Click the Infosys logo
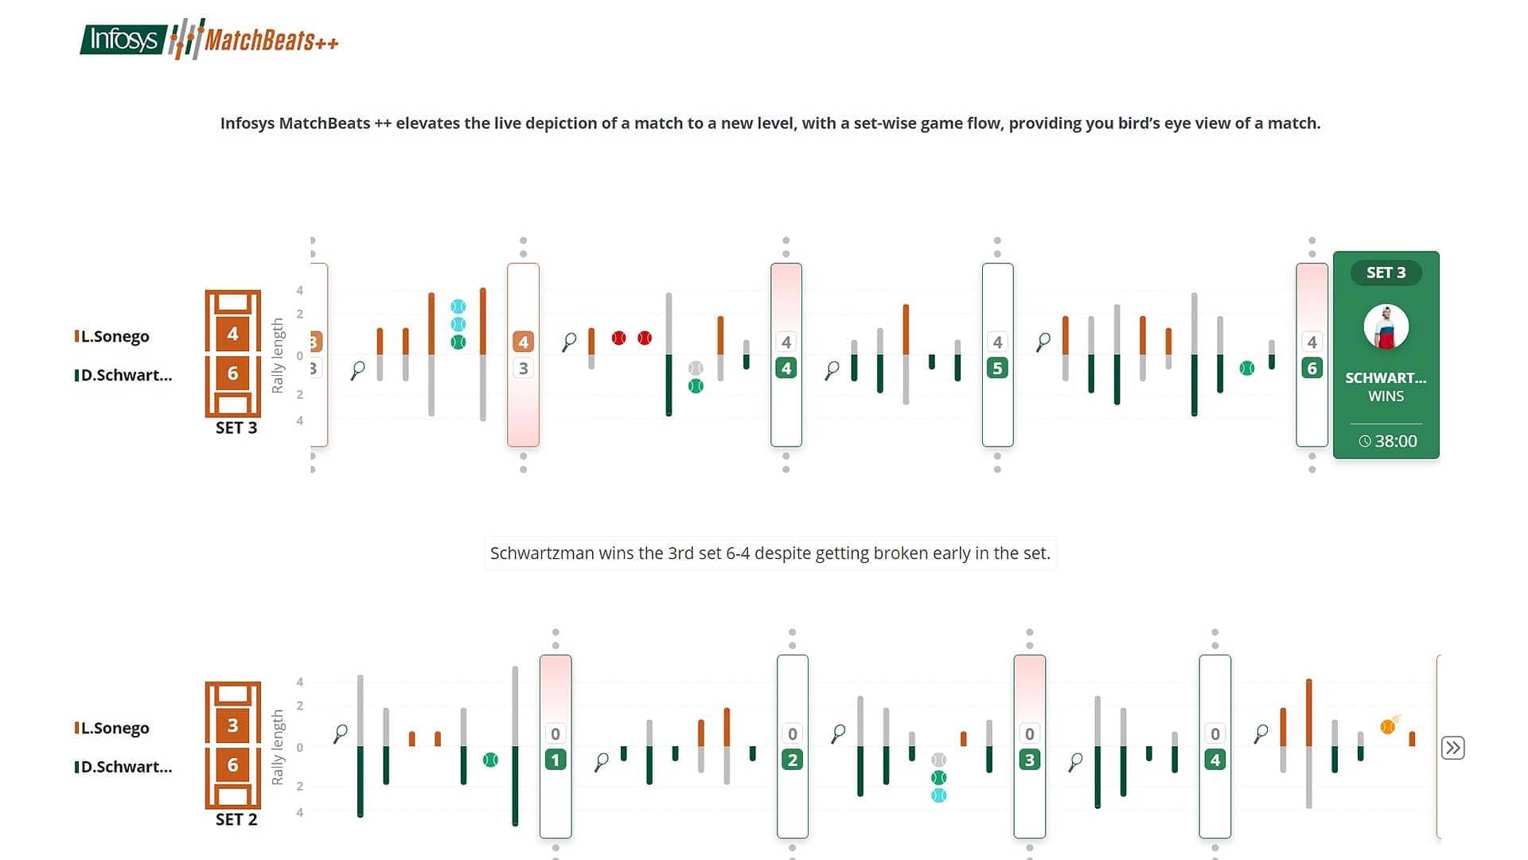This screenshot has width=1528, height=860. pos(123,39)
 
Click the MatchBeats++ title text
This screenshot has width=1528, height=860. pos(271,40)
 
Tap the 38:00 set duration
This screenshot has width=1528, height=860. pos(1388,441)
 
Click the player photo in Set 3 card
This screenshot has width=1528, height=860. pos(1386,327)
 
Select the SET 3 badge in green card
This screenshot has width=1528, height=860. pos(1386,272)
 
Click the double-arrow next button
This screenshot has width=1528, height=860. pos(1452,748)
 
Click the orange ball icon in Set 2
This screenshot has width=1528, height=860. pos(1388,726)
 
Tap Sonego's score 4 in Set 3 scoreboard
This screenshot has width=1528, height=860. pos(232,334)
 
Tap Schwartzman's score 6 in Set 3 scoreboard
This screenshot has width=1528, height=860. pos(232,373)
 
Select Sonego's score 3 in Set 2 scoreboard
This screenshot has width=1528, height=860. pos(232,725)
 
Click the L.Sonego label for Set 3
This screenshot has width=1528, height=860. pos(115,336)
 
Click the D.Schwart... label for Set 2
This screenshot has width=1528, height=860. pos(126,767)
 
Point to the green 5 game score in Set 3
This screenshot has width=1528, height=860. pos(997,368)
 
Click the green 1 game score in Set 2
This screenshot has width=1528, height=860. pos(555,760)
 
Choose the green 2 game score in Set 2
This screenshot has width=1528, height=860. pos(792,760)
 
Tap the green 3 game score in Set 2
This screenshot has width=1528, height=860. pos(1029,760)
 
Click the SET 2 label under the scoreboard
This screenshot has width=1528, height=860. pos(236,819)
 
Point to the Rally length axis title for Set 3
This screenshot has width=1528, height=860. pos(278,355)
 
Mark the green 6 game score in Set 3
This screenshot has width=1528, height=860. pos(1312,368)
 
